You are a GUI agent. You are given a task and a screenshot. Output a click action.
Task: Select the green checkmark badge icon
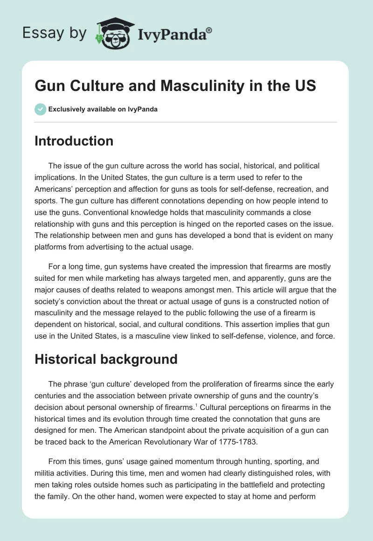[40, 110]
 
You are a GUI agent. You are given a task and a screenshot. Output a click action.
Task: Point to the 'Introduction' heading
[74, 141]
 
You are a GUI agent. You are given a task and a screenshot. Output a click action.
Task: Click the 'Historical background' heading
[106, 359]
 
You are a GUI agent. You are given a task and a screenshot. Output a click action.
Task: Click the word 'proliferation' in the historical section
[203, 384]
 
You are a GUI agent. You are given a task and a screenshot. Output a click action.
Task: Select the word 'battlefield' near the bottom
[259, 485]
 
